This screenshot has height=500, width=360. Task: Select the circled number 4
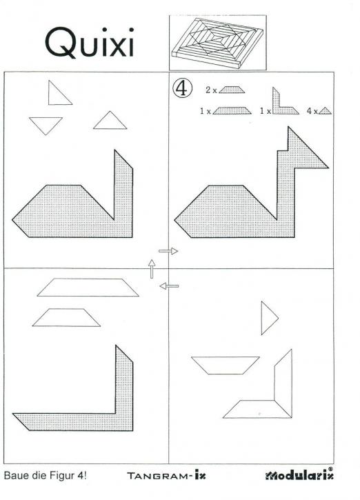(181, 88)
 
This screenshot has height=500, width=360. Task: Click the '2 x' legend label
(212, 90)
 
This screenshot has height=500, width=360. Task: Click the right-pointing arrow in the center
(168, 251)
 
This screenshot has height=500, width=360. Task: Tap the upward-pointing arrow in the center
(152, 268)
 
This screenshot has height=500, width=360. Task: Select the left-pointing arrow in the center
(169, 285)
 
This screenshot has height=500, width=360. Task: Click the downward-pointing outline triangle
(46, 124)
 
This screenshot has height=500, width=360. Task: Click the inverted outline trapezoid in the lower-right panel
(225, 364)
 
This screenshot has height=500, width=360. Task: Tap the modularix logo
(301, 476)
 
